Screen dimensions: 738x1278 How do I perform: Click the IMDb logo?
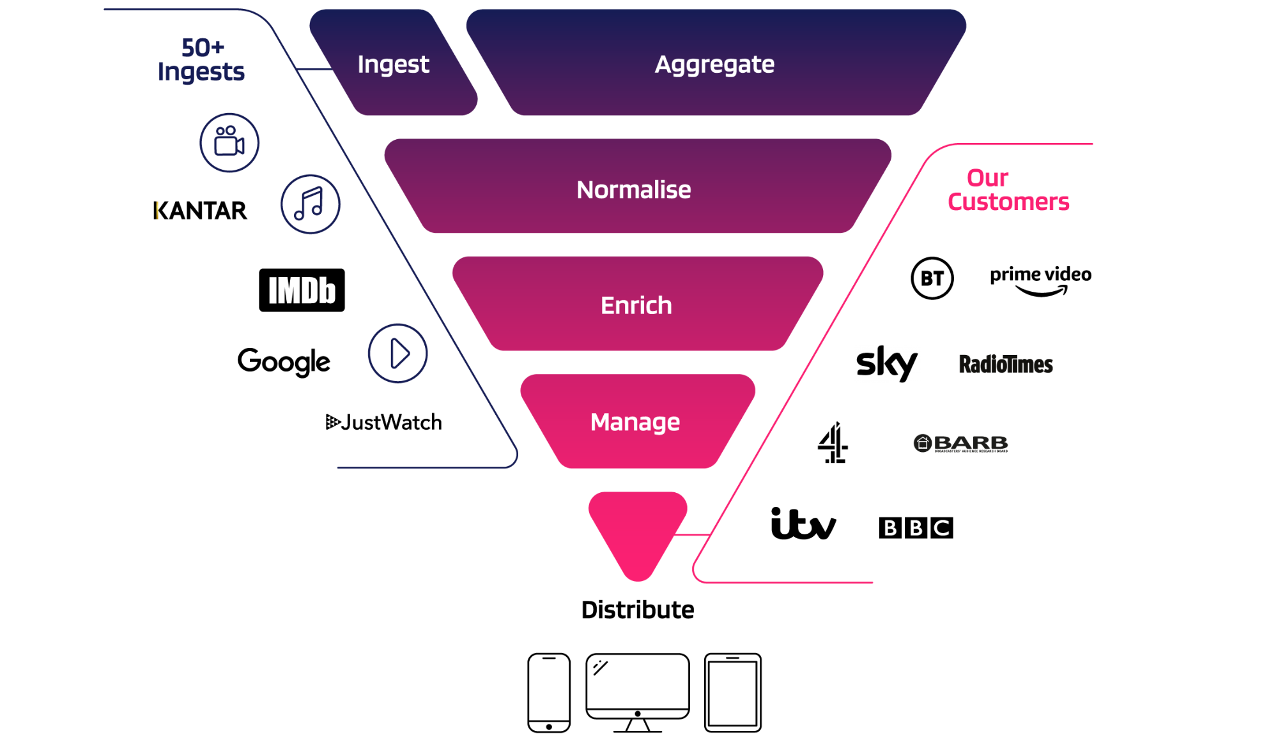302,290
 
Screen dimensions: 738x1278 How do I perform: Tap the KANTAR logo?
200,211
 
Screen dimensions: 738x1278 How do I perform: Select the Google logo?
284,362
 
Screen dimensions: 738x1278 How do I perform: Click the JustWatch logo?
384,422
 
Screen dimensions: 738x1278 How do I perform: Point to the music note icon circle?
311,204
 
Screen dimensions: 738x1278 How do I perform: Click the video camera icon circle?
229,142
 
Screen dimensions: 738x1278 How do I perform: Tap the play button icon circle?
397,353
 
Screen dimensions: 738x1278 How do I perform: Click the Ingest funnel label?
393,64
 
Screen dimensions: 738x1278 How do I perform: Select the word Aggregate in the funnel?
714,64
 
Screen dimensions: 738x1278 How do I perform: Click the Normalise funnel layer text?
634,190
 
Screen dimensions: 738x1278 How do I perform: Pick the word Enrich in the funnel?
636,305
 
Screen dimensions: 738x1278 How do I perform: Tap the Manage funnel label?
635,422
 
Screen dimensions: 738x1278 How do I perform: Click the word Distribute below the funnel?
638,610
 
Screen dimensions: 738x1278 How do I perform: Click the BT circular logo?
932,278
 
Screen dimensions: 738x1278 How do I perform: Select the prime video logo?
1040,280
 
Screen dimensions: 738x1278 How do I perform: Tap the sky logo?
886,363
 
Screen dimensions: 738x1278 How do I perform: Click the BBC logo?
916,528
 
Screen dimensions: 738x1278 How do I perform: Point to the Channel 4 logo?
833,442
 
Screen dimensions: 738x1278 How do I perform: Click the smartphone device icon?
549,693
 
